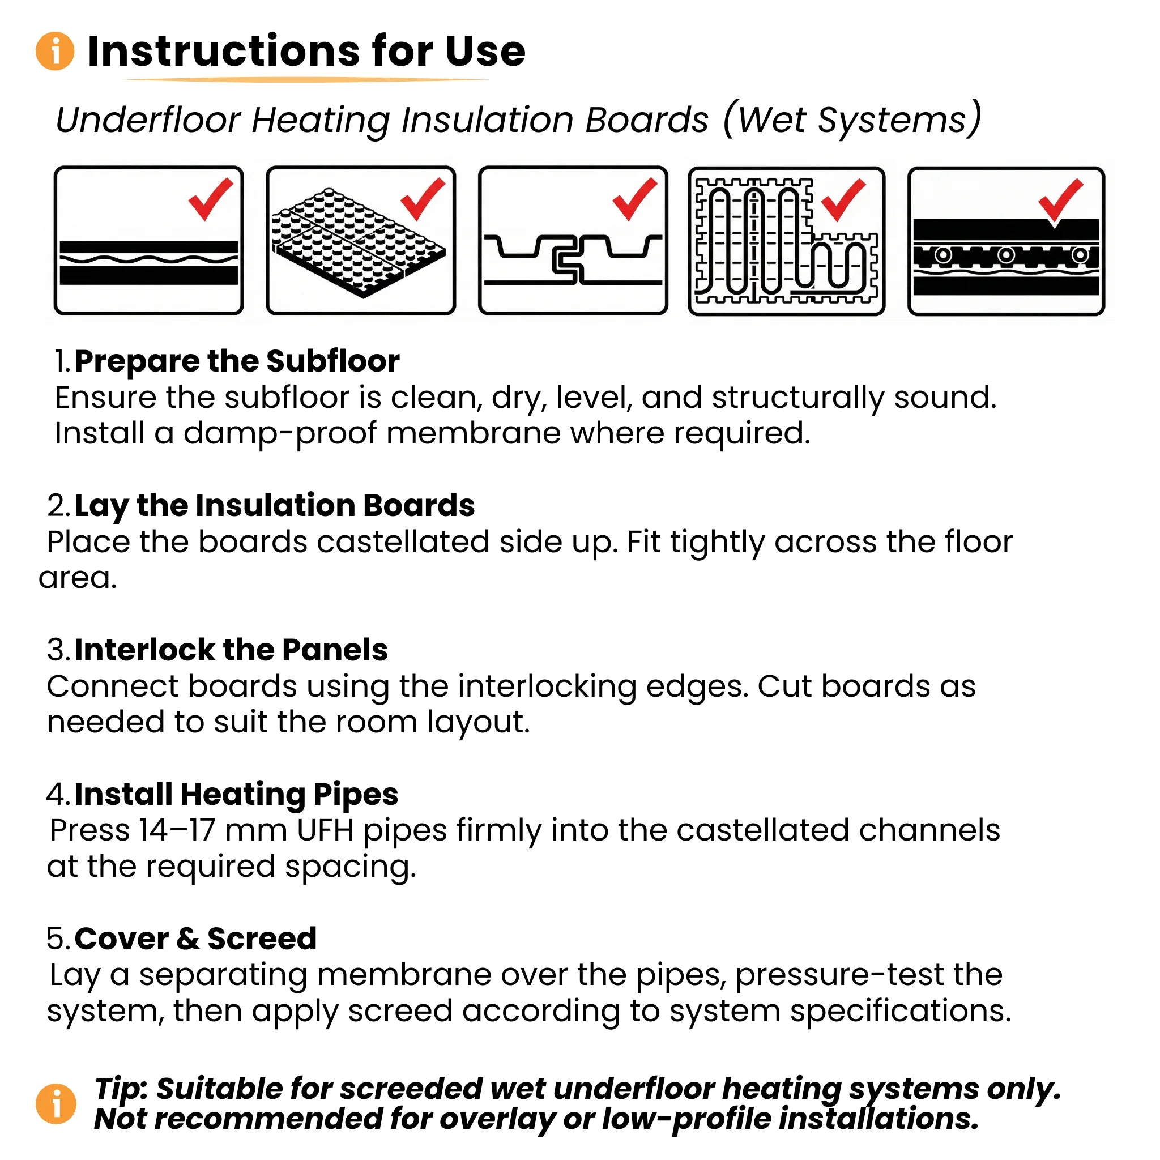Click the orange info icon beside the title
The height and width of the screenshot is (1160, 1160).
click(56, 51)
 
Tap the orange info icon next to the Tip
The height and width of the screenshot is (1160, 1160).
click(56, 1103)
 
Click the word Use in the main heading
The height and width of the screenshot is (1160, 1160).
click(485, 51)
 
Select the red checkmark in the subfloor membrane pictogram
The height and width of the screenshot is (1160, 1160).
click(210, 199)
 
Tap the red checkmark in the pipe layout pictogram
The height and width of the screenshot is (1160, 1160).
click(843, 199)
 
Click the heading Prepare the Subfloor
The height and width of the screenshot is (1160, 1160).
click(237, 361)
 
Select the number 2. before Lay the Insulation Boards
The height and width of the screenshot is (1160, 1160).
click(59, 506)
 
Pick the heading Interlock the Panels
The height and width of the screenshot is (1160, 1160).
click(231, 650)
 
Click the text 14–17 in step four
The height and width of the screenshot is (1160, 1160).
click(177, 831)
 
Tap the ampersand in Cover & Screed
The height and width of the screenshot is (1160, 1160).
click(188, 939)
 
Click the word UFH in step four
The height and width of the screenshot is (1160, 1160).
click(325, 831)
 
